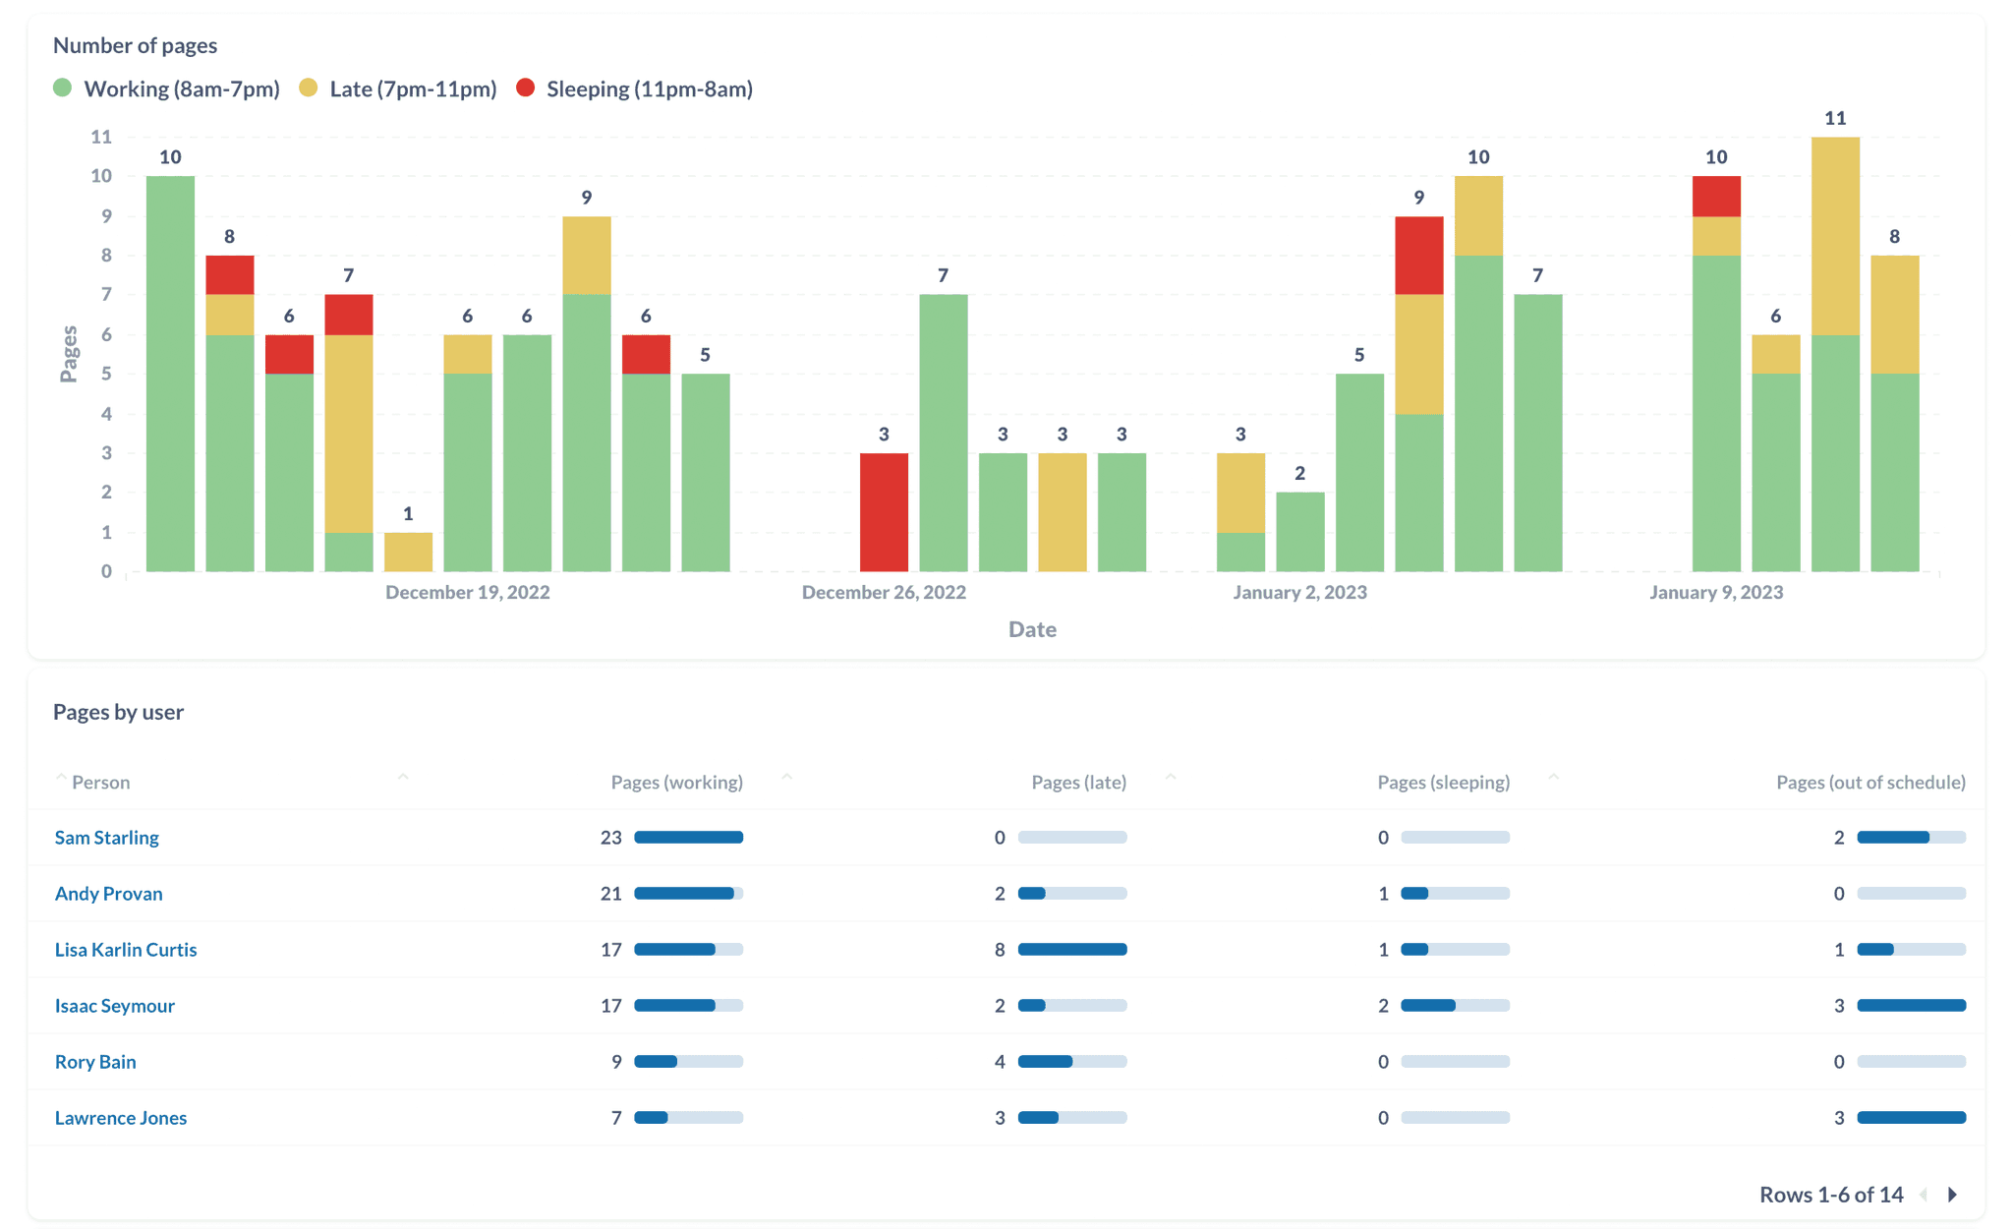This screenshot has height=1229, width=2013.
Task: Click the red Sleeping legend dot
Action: pos(526,88)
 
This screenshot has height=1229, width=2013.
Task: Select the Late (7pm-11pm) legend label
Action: pos(413,89)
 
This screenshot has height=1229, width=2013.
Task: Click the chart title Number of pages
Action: pos(135,45)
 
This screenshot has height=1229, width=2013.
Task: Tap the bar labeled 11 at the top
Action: pos(1835,354)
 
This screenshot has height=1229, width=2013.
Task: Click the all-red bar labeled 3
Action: pos(884,512)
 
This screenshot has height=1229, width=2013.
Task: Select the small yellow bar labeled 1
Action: pos(408,552)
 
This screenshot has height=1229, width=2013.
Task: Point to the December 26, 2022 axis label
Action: pos(884,592)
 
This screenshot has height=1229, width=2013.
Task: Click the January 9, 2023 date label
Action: pos(1716,592)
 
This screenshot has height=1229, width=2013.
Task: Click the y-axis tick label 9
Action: pos(106,216)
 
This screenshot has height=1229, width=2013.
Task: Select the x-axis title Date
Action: pos(1032,629)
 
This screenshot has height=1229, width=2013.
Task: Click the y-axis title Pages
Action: pos(69,354)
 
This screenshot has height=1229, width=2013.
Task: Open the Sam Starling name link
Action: pos(106,838)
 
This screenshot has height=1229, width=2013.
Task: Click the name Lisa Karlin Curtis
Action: pos(126,950)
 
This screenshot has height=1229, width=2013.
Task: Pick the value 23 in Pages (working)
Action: pos(611,838)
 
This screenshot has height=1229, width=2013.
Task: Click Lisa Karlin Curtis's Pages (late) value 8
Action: pos(1000,950)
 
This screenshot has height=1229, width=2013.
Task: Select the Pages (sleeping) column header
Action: pos(1443,783)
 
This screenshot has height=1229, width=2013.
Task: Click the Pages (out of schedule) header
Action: pos(1870,783)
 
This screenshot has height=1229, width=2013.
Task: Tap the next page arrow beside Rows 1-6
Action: pos(1953,1195)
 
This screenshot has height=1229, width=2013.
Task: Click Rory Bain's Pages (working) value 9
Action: pos(616,1062)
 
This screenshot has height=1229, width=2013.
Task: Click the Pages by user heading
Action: pos(118,712)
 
